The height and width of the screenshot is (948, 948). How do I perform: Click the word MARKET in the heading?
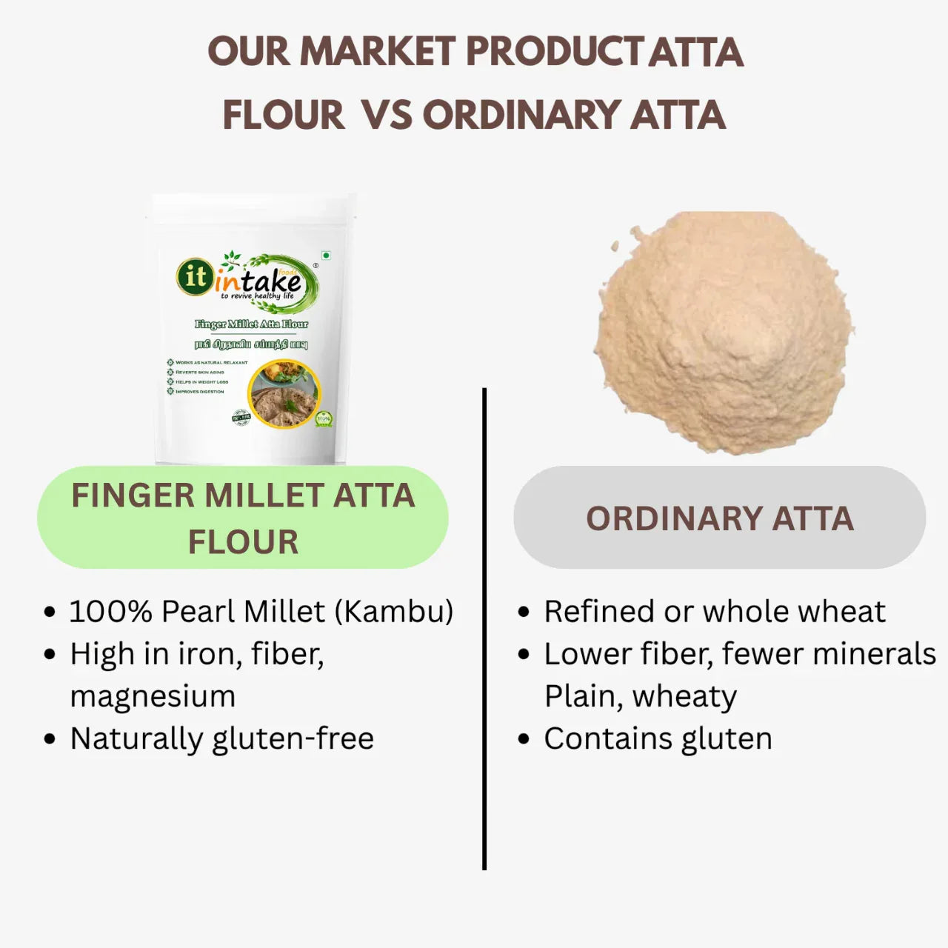tap(377, 52)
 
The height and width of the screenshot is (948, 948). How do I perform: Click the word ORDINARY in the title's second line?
tap(521, 116)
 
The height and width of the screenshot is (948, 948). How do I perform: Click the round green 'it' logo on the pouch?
tap(195, 276)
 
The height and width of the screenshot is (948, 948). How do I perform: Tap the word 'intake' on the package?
tap(259, 281)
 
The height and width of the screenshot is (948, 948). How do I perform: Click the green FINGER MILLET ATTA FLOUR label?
tap(243, 518)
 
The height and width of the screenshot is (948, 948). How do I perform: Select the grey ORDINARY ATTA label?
tap(719, 518)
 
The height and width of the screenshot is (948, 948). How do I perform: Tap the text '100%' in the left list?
tap(111, 612)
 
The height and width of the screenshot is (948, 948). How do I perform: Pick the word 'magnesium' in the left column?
tap(153, 696)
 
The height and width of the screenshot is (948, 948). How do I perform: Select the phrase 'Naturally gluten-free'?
tap(222, 738)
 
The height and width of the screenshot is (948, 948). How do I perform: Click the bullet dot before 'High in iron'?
tap(50, 655)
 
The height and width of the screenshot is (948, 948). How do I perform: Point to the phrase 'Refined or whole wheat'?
tap(715, 612)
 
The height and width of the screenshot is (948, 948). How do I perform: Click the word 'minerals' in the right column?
tap(876, 654)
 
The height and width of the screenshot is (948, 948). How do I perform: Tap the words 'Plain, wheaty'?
tap(641, 696)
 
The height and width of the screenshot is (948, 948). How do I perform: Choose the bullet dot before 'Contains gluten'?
tap(524, 739)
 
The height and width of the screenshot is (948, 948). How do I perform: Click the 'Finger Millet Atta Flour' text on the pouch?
tap(251, 324)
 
